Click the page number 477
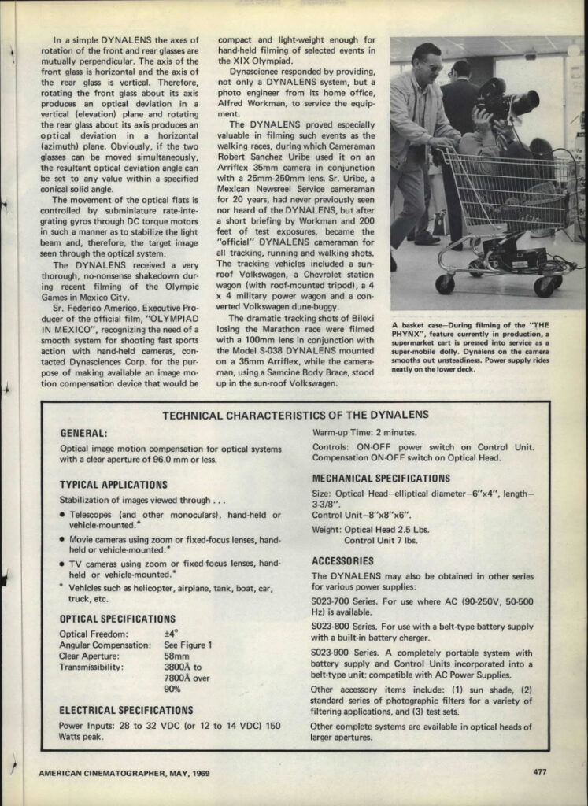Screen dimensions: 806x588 coord(539,772)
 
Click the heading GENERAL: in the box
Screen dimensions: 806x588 coord(84,433)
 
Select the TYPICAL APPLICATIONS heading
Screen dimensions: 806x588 coord(113,485)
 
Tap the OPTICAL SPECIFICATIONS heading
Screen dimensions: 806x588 coord(117,619)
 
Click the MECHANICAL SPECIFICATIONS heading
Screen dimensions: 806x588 coord(381,479)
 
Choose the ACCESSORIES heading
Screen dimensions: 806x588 coord(342,561)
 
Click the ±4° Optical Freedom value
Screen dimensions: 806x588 coord(171,633)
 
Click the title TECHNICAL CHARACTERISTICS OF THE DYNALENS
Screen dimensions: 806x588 coord(295,415)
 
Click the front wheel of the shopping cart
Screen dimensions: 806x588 coord(445,283)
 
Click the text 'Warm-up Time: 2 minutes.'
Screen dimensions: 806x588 coord(364,433)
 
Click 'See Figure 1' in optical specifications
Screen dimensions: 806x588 coord(188,645)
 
